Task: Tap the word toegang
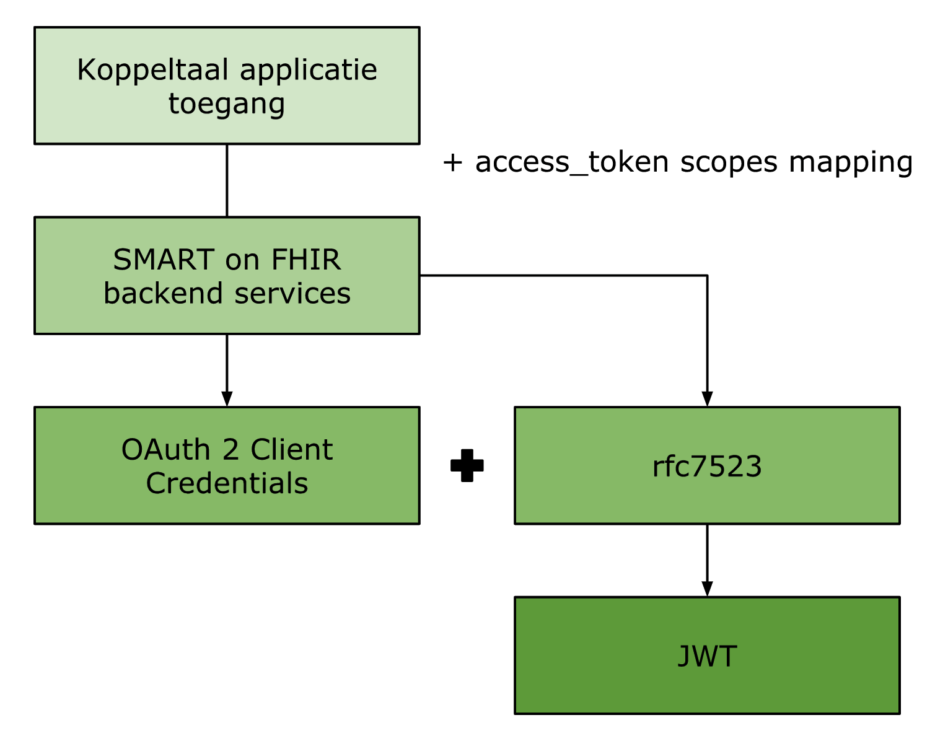click(x=227, y=103)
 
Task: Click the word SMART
click(x=164, y=260)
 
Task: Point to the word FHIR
click(x=306, y=260)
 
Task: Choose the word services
click(x=292, y=293)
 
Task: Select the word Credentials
click(x=227, y=483)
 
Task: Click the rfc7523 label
click(x=707, y=467)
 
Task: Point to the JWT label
click(x=707, y=656)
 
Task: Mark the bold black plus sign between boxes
click(x=467, y=465)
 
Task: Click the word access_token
click(x=572, y=162)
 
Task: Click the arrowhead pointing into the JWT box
click(x=707, y=589)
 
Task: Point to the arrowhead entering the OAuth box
click(x=227, y=398)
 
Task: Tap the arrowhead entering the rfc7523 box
click(x=707, y=398)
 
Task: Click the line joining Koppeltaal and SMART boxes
click(x=227, y=180)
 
